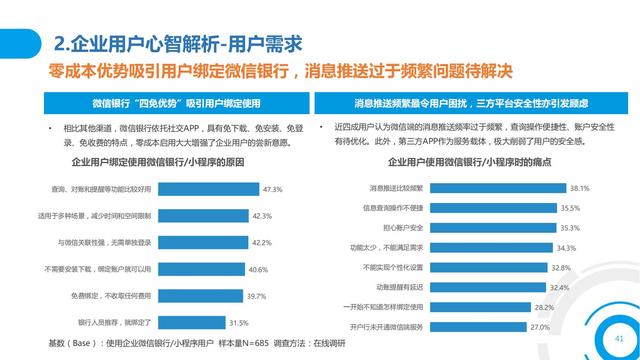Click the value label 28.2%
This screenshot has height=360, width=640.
pos(544,307)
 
